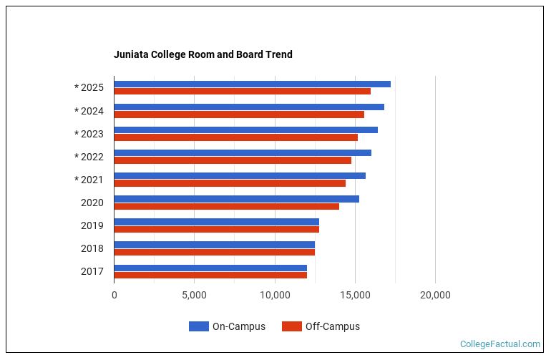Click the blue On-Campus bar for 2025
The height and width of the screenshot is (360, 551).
252,84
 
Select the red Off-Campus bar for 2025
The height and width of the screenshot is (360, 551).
242,92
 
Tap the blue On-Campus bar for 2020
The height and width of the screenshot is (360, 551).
236,198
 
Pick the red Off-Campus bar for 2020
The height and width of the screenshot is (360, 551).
226,206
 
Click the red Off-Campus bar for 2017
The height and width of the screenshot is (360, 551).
210,275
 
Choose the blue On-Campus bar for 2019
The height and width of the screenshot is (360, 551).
216,221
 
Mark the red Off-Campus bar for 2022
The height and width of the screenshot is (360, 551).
233,160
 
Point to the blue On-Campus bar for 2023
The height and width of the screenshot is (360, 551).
245,130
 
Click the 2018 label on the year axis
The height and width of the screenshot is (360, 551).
92,248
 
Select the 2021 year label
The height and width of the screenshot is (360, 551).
92,180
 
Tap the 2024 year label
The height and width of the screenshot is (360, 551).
92,111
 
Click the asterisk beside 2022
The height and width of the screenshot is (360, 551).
77,157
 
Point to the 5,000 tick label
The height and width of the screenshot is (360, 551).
194,295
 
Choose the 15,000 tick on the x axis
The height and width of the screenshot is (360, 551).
355,295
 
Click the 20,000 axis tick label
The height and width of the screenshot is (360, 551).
435,295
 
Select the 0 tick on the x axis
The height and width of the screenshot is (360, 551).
114,295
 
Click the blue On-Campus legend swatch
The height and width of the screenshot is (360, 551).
198,326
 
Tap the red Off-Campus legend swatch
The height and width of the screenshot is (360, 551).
291,326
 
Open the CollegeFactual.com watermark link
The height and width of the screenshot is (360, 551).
499,344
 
